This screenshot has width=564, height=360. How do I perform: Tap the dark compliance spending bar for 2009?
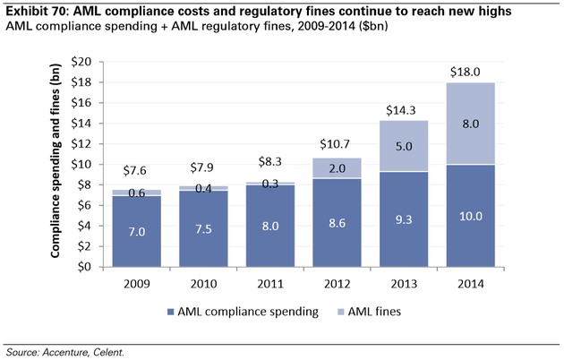(136, 231)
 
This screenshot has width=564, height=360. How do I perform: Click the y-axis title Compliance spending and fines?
(56, 164)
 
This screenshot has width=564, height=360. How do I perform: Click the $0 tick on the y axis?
(82, 267)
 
